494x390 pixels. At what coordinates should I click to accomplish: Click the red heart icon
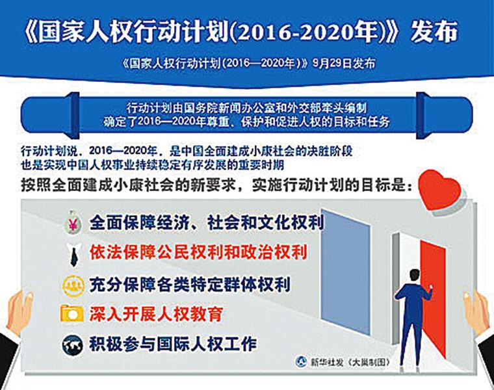pos(440,190)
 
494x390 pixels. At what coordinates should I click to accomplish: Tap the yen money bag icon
pos(73,222)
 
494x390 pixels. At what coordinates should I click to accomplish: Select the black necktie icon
pos(73,255)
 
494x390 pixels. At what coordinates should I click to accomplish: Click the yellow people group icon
pos(73,285)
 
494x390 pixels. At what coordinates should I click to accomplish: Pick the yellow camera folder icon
pos(72,313)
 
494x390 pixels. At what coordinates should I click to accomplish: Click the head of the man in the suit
pos(415,276)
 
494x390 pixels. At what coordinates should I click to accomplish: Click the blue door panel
pos(346,272)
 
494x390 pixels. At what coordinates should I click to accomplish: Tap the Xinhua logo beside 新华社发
pos(302,361)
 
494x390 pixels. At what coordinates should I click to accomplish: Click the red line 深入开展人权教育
pos(156,314)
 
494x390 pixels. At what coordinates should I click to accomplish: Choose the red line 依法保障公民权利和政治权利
pos(198,253)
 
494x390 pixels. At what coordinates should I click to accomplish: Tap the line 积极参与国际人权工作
pos(173,344)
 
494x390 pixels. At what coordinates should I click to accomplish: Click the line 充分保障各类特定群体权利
pos(190,285)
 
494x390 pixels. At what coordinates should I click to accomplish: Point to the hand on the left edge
pos(19,312)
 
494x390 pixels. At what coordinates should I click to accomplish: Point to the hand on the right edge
pos(476,313)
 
